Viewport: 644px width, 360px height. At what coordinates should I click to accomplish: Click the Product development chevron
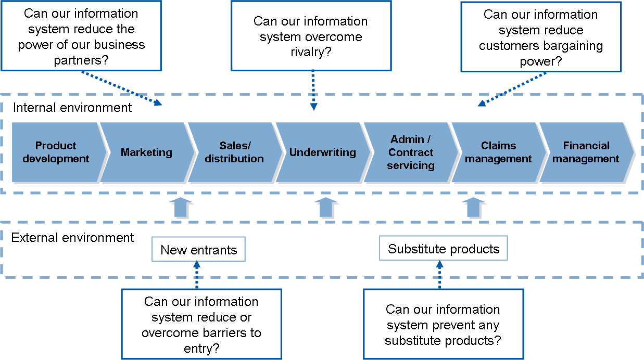56,152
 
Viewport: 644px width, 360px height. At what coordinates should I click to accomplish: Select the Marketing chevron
147,152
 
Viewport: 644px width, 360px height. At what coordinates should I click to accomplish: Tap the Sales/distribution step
234,152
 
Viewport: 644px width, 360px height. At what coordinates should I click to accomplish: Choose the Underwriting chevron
323,152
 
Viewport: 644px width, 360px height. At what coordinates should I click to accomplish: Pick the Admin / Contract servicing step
411,152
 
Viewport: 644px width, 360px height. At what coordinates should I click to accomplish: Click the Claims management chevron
498,152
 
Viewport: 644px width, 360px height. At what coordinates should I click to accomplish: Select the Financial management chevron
586,152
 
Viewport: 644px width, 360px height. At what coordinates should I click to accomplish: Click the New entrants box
199,249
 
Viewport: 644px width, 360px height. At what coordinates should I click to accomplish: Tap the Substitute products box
444,248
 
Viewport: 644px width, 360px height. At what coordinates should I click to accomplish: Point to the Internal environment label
72,108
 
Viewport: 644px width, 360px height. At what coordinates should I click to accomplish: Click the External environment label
72,238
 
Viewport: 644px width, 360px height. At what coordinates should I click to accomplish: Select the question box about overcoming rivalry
311,35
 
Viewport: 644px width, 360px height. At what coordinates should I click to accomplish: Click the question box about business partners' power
81,35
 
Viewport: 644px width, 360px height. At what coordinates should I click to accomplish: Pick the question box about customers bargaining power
541,37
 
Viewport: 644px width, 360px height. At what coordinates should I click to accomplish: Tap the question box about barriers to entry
201,324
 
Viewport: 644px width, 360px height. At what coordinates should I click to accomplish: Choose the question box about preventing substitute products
444,324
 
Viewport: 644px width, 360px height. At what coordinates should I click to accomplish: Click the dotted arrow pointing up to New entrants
197,275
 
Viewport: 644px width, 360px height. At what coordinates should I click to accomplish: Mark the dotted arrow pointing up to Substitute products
439,274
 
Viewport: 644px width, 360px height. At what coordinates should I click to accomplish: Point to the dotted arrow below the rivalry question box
313,90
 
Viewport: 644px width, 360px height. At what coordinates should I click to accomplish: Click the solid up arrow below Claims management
473,208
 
